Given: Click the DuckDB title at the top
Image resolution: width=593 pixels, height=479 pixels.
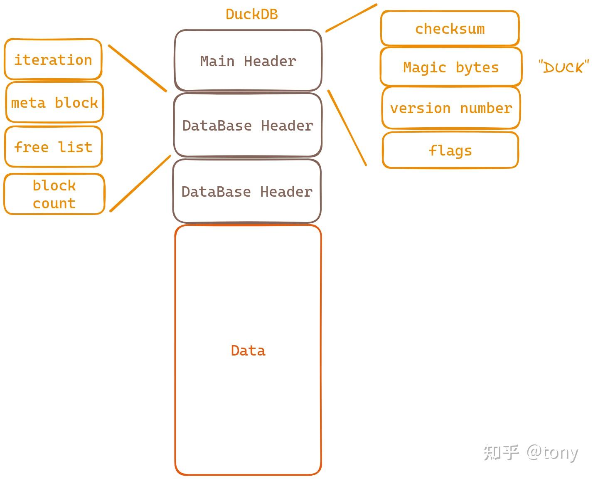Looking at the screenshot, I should [x=251, y=14].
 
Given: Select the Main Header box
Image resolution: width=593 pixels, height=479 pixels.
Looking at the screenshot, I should [x=248, y=61].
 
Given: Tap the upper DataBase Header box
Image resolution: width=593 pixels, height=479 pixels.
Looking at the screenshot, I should [x=248, y=125].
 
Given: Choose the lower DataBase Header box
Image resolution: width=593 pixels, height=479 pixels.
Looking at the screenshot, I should [x=247, y=192].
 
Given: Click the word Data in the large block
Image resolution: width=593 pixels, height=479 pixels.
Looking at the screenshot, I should [x=248, y=351].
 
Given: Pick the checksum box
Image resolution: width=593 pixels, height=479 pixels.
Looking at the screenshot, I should [x=450, y=29].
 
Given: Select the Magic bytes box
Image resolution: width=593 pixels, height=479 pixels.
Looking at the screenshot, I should [x=451, y=67].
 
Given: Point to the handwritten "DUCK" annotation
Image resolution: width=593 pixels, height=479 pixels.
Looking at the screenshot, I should [x=563, y=67].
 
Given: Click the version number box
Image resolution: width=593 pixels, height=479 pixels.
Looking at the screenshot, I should [x=451, y=108].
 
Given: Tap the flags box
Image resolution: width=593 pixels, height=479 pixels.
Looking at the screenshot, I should [x=450, y=150].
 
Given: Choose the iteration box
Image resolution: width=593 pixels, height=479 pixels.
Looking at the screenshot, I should [x=53, y=59].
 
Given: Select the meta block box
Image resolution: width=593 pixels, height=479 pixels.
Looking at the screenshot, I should [x=54, y=102].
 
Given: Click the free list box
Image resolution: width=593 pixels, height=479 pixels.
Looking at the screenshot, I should [x=53, y=147].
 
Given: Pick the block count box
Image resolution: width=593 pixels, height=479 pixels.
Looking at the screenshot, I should [x=54, y=194].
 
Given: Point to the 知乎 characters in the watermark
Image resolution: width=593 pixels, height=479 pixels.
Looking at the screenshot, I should [x=501, y=452].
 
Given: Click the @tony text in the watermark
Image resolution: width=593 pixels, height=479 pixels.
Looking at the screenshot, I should [x=552, y=452].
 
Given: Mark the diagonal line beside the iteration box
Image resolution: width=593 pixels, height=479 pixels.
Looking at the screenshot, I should [x=137, y=68].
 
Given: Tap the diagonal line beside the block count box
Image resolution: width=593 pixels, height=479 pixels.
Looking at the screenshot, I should [x=140, y=183].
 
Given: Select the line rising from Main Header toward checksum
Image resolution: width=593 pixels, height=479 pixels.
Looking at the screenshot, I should [x=351, y=18].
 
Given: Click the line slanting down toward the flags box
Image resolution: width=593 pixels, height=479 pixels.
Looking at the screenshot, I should [x=347, y=128].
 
